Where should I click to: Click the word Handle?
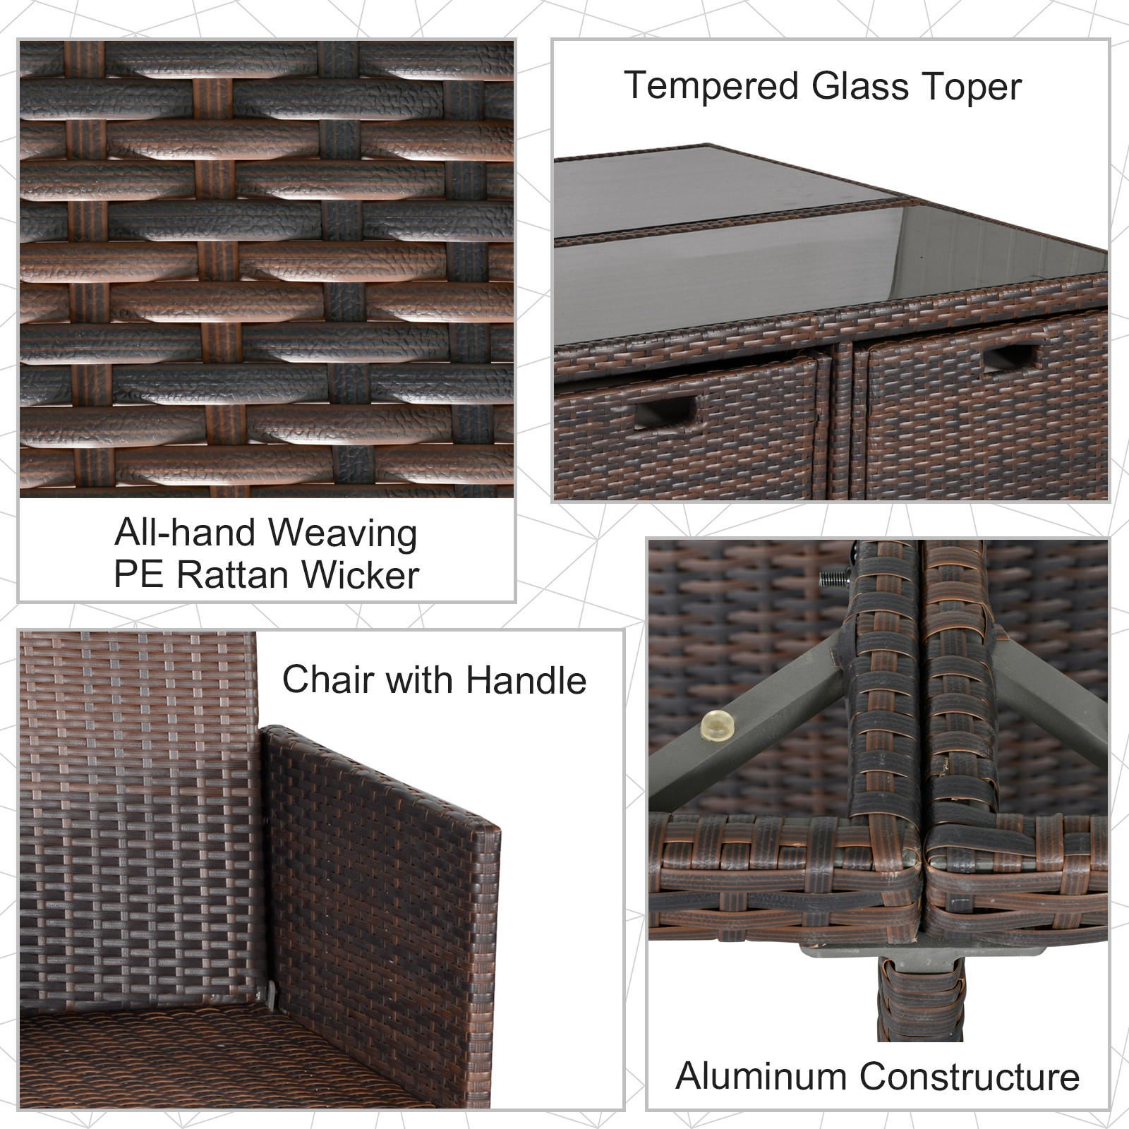click(x=526, y=680)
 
